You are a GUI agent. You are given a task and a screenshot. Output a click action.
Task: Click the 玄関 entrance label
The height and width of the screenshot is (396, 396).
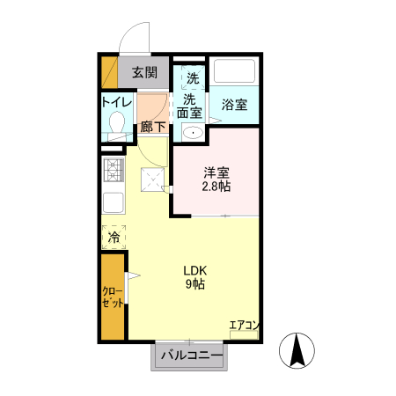(145, 74)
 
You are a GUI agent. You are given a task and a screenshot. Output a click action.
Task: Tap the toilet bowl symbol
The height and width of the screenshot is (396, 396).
(116, 128)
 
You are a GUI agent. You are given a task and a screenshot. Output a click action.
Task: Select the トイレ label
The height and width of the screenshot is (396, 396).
(116, 103)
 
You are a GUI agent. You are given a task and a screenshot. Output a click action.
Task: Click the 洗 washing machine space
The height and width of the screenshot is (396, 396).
(192, 77)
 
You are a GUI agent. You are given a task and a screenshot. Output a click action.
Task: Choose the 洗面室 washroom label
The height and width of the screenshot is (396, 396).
(189, 106)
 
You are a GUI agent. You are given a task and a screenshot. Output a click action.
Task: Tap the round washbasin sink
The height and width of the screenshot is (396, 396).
(192, 134)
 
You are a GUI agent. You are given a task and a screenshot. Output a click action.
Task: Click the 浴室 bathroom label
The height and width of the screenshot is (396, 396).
(233, 105)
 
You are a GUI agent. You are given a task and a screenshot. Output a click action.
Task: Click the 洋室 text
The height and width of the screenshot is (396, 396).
(216, 172)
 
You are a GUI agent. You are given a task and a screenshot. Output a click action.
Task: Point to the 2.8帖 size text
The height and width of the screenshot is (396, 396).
(216, 187)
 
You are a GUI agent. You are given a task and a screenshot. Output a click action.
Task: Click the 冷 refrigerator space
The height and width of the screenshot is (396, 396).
(114, 237)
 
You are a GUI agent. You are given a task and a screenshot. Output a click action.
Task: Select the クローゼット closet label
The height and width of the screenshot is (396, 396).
(113, 297)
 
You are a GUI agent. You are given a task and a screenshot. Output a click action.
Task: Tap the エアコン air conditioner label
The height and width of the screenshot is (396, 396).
(244, 326)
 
